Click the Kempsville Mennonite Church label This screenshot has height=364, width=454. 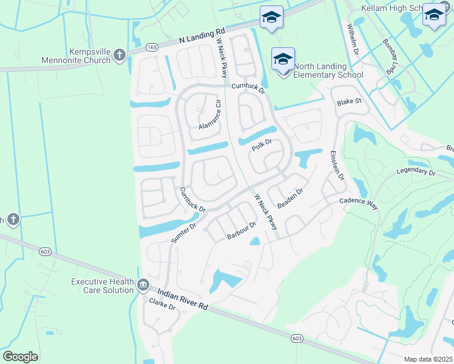(76, 56)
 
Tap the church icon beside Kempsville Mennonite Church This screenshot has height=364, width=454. (120, 55)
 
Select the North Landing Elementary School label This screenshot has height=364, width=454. (328, 70)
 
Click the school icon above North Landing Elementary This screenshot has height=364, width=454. (283, 59)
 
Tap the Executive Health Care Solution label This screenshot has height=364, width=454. (102, 286)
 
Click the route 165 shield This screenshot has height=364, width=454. (152, 46)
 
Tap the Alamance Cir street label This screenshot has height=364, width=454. (209, 115)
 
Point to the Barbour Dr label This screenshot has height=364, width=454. (242, 229)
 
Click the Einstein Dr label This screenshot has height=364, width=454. (337, 166)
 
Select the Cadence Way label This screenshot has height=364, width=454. (358, 203)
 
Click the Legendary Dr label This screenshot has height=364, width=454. (416, 172)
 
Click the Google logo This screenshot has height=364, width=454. (21, 357)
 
